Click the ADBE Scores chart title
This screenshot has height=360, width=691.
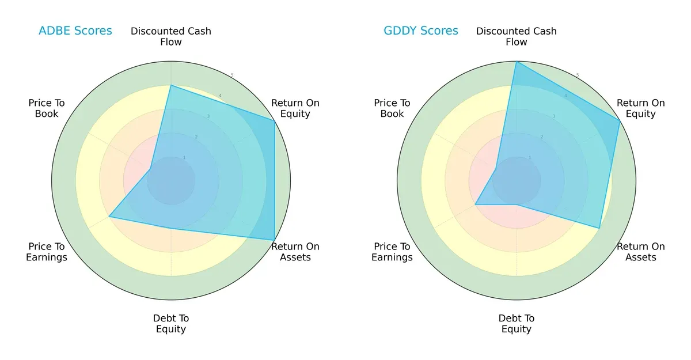pyautogui.click(x=75, y=31)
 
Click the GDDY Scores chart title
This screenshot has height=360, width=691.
pyautogui.click(x=421, y=31)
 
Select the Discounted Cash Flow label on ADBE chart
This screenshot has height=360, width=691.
pyautogui.click(x=171, y=36)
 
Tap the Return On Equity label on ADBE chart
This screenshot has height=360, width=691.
pyautogui.click(x=295, y=108)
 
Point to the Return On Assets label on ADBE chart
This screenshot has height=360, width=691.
pyautogui.click(x=295, y=252)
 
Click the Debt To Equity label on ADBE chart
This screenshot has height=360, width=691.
pyautogui.click(x=171, y=324)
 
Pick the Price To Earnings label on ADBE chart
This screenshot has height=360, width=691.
pyautogui.click(x=47, y=252)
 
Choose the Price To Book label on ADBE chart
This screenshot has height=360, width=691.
pyautogui.click(x=47, y=108)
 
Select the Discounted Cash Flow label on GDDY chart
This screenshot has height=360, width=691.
pyautogui.click(x=517, y=36)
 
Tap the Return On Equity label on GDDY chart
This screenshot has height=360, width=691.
pyautogui.click(x=641, y=108)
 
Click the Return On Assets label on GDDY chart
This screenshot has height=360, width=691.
pyautogui.click(x=641, y=252)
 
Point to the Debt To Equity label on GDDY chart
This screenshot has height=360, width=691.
pyautogui.click(x=517, y=324)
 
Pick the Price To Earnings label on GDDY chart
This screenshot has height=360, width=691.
pyautogui.click(x=392, y=252)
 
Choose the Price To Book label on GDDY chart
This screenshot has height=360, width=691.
pyautogui.click(x=392, y=108)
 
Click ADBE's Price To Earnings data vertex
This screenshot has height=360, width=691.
pyautogui.click(x=109, y=217)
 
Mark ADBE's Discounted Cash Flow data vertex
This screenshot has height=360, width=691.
pyautogui.click(x=171, y=85)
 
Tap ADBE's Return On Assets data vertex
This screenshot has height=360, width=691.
pyautogui.click(x=274, y=240)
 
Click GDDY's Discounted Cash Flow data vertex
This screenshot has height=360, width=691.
pyautogui.click(x=517, y=62)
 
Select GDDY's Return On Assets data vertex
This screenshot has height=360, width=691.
pyautogui.click(x=599, y=229)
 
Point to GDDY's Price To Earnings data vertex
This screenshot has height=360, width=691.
pyautogui.click(x=475, y=204)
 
